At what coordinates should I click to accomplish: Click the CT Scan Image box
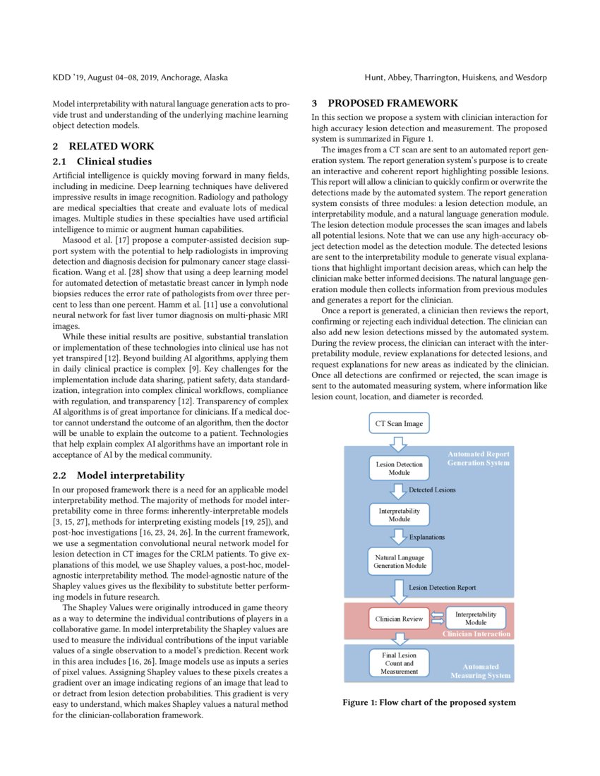coord(399,423)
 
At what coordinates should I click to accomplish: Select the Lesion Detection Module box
coord(399,468)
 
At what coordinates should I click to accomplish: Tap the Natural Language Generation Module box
coord(400,561)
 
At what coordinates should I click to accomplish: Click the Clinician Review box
coord(399,619)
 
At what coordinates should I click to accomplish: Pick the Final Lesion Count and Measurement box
coord(399,663)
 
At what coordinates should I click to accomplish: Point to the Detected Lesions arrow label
coord(432,489)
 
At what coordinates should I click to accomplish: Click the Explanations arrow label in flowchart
coord(427,537)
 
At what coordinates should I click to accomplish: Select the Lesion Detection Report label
coord(443,587)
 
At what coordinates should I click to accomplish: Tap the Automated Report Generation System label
coord(478,459)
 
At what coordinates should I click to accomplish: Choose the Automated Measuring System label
coord(480,671)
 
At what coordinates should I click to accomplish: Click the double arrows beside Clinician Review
coord(438,619)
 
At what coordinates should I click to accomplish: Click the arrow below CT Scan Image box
coord(399,444)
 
